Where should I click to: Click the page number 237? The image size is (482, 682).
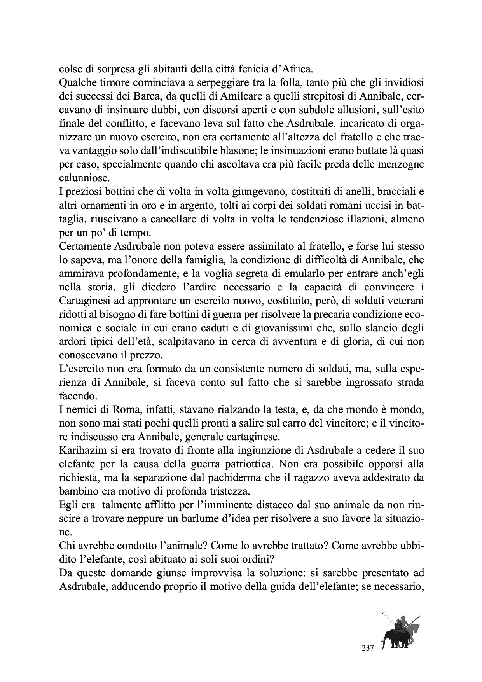tap(368, 648)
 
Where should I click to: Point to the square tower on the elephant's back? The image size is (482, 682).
tap(398, 626)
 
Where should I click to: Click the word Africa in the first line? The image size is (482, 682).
tap(296, 70)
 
